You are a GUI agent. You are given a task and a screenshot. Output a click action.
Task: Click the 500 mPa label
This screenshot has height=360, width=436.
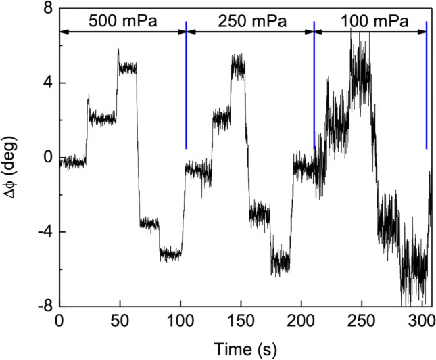pyautogui.click(x=122, y=21)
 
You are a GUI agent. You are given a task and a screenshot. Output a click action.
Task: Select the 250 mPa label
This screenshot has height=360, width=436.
pyautogui.click(x=251, y=21)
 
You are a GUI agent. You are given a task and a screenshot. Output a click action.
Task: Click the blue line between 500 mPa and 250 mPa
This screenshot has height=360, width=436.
pyautogui.click(x=186, y=85)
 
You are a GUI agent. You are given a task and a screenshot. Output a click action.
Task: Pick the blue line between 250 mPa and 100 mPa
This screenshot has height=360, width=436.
pyautogui.click(x=314, y=85)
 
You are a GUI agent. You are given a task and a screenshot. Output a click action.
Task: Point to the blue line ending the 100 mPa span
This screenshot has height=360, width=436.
pyautogui.click(x=427, y=85)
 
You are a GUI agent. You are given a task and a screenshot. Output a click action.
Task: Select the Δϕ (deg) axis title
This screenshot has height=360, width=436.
pyautogui.click(x=12, y=157)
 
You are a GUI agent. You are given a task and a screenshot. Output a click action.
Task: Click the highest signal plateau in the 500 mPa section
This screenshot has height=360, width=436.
pyautogui.click(x=127, y=68)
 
